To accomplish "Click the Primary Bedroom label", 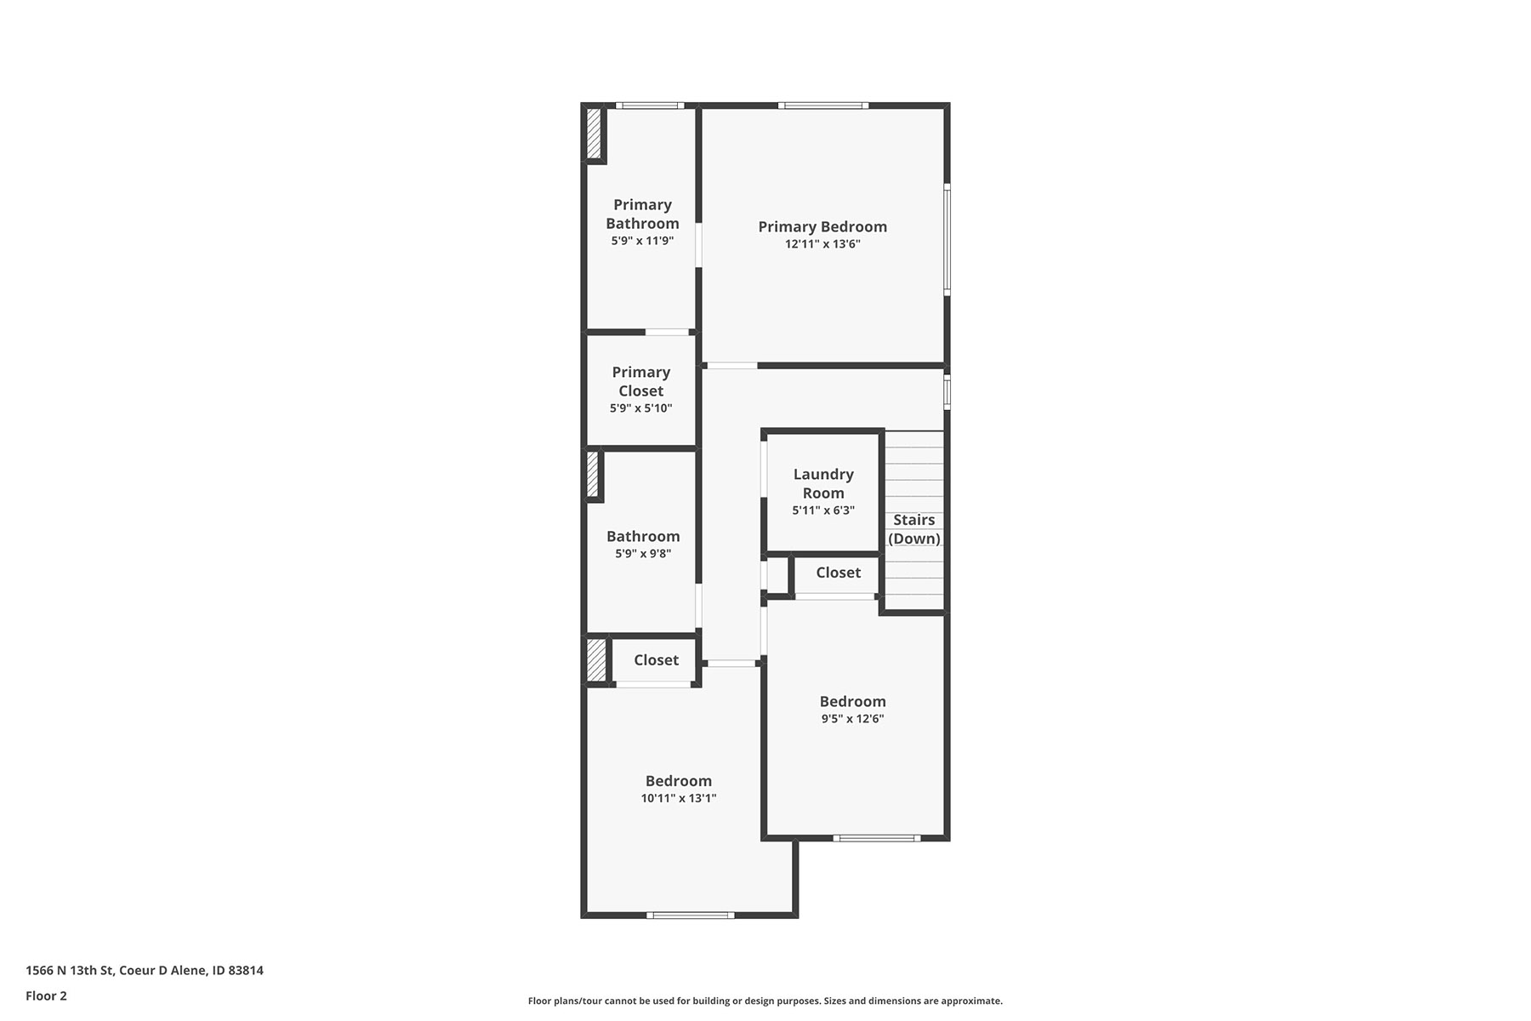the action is coord(822,226).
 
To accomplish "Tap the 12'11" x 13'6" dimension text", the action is coord(822,244).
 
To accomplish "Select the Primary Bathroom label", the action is coord(642,214).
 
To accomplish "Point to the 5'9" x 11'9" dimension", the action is coord(642,241).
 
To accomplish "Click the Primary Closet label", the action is coord(641,381).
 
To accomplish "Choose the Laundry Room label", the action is coord(823,483).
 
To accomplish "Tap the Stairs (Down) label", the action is coord(914,529).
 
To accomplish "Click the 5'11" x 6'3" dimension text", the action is coord(823,510).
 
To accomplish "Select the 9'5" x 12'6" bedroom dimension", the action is coord(852,719).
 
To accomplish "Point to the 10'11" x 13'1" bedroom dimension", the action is coord(679,798).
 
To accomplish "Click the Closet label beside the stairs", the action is coord(839,573).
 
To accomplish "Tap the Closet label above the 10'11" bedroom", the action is coord(656,660).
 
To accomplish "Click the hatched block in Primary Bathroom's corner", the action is coord(594,133).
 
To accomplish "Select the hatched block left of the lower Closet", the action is coord(596,660).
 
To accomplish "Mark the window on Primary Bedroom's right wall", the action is coord(948,240).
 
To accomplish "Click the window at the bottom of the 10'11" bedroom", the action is coord(690,915).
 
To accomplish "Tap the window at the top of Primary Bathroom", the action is coord(650,106).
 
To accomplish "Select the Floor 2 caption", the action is coord(46,996).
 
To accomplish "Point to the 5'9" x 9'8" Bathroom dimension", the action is coord(643,554).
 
